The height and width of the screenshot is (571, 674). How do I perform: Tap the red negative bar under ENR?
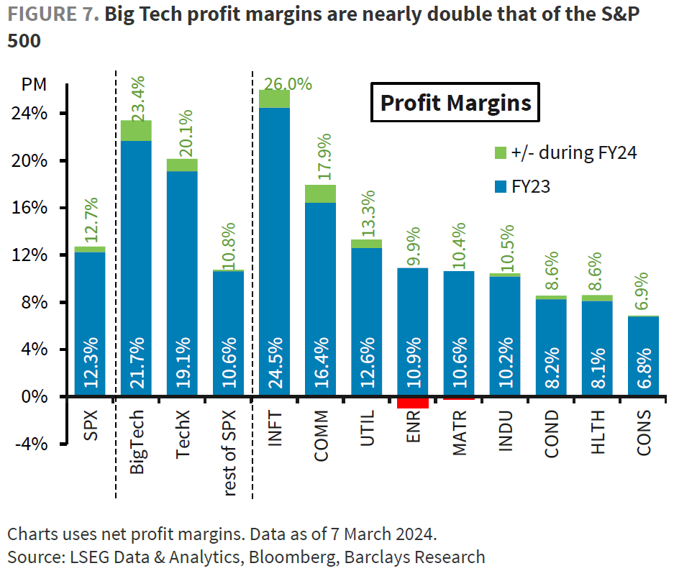point(413,402)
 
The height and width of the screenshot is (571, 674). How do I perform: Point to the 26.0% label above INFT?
point(288,84)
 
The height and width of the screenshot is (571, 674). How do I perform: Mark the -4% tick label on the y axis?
point(32,444)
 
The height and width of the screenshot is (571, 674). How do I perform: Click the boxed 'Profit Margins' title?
point(455,103)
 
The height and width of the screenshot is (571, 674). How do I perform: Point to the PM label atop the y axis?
point(35,85)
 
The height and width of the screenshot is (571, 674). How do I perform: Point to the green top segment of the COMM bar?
point(320,193)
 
